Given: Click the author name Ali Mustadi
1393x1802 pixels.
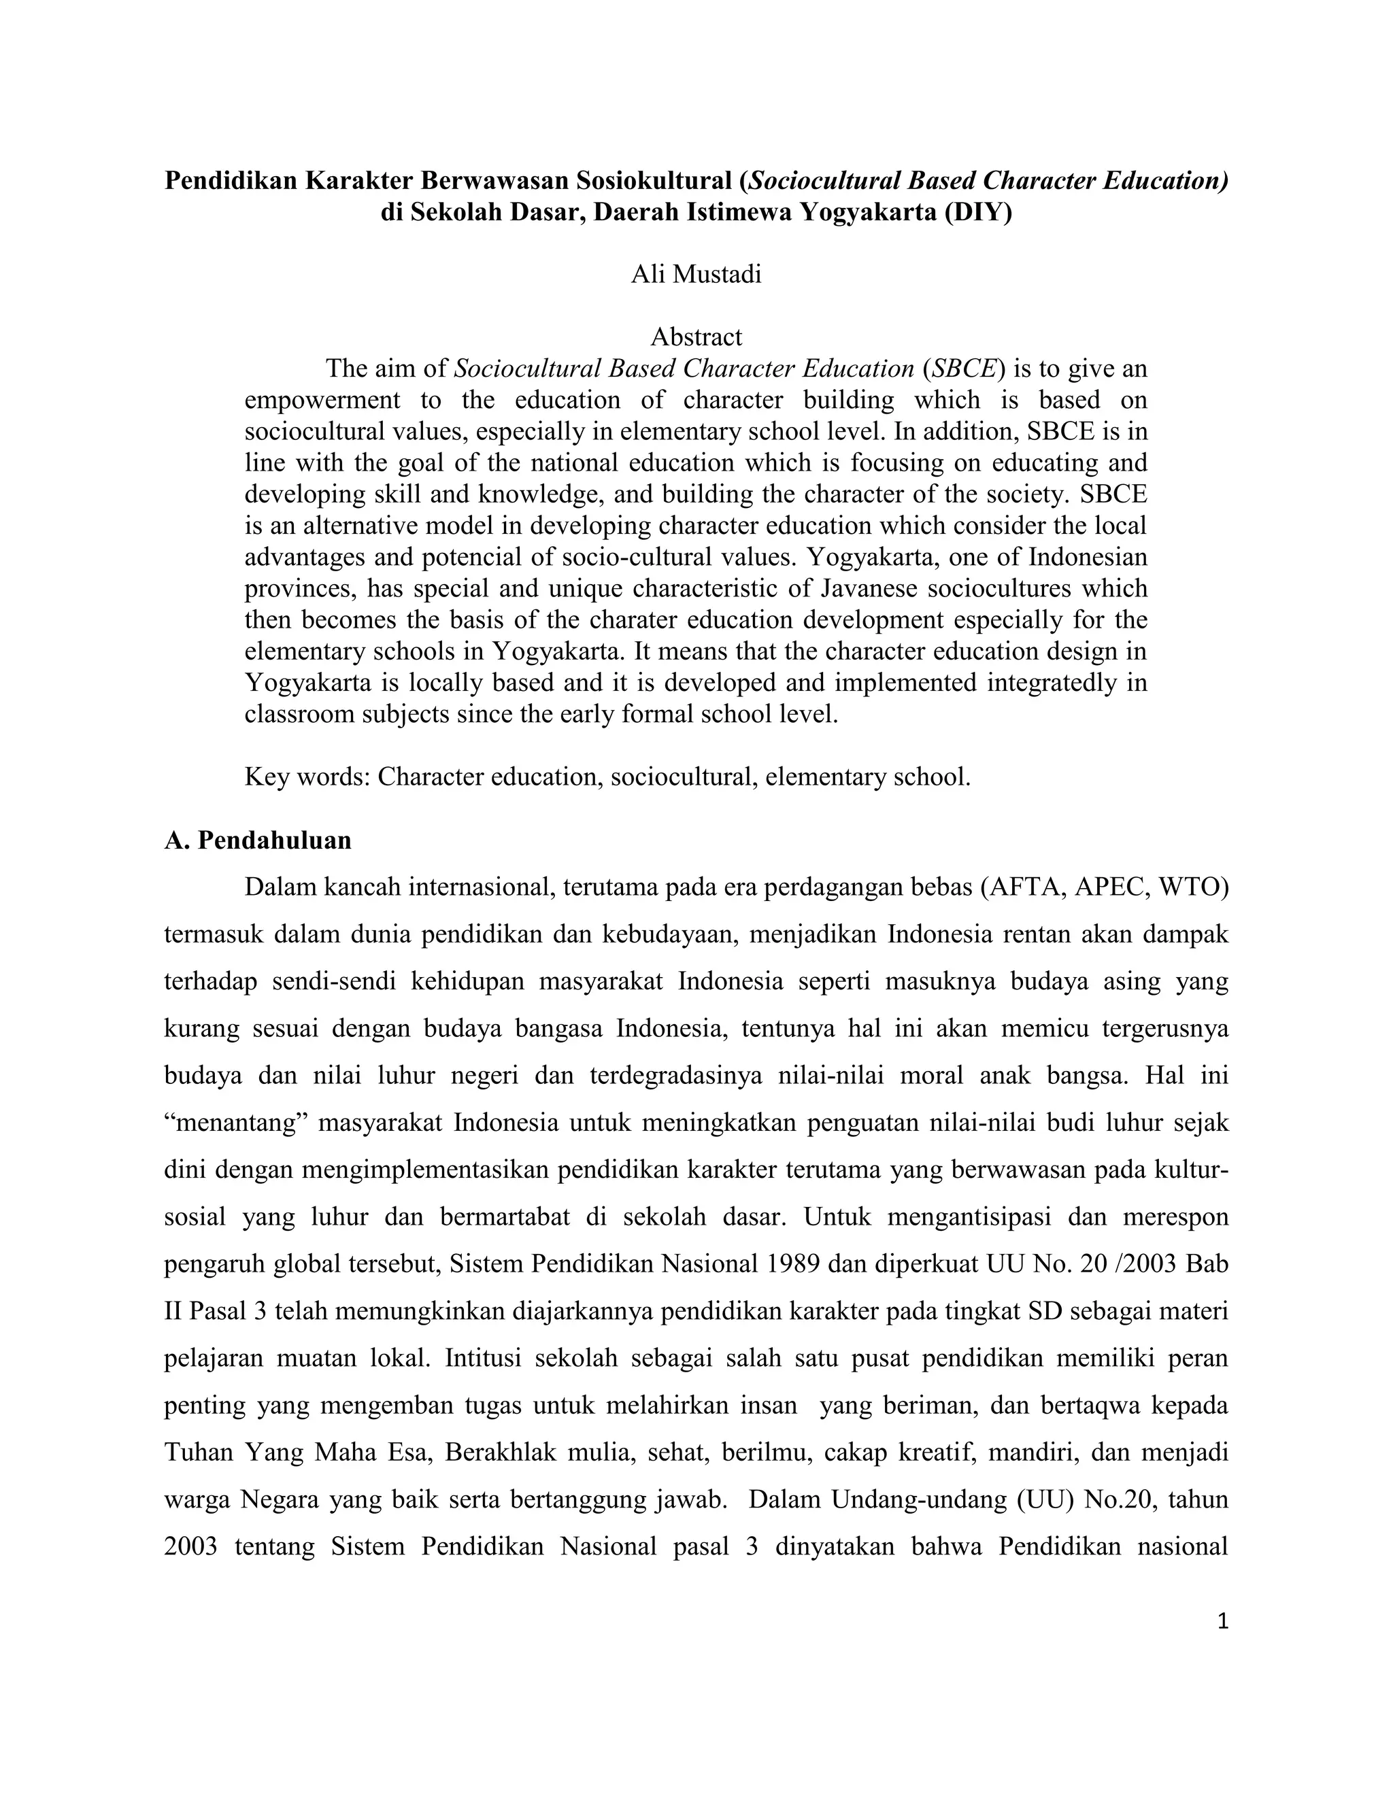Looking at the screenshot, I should [x=696, y=274].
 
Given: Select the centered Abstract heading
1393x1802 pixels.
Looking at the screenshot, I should [x=696, y=337].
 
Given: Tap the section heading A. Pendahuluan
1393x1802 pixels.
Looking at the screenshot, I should [x=258, y=840].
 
